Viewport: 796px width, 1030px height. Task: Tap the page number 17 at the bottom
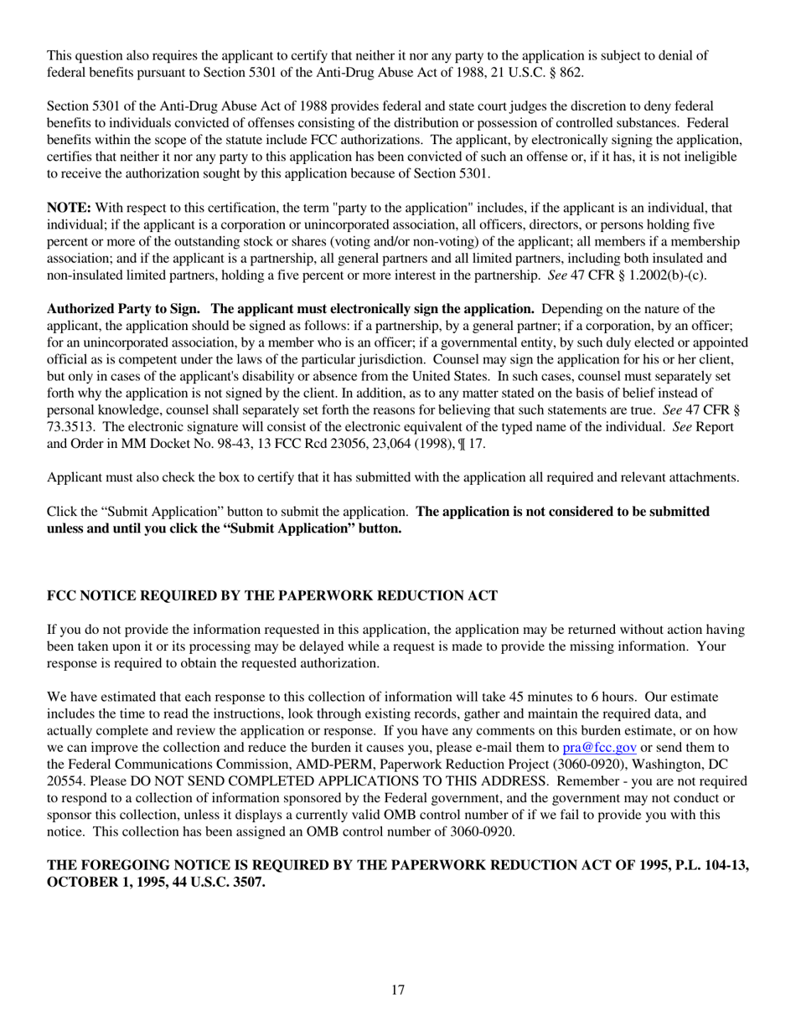click(x=398, y=991)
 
